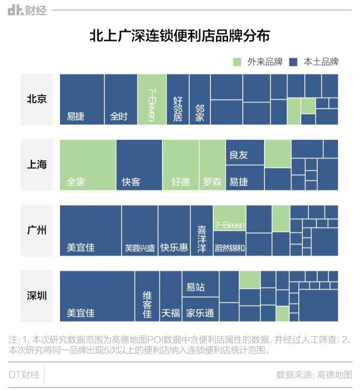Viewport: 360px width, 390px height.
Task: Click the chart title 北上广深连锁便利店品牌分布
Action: (x=179, y=36)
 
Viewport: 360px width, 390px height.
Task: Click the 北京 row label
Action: (x=37, y=99)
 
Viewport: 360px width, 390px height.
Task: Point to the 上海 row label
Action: (x=37, y=165)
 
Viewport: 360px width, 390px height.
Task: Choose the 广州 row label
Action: (x=37, y=230)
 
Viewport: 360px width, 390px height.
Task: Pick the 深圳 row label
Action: (x=37, y=296)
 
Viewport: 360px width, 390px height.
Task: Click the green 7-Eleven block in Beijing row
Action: (x=152, y=99)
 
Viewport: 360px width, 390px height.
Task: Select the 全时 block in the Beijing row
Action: (x=121, y=99)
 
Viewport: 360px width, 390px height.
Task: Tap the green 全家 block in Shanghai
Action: (x=87, y=165)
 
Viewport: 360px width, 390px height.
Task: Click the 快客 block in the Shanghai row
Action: (x=139, y=165)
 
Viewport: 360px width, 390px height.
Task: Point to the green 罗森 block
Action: (x=212, y=165)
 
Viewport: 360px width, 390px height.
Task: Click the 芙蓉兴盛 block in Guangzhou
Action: (x=140, y=230)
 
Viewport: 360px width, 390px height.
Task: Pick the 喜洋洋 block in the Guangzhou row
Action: (x=202, y=230)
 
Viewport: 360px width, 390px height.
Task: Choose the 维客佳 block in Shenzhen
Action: (x=147, y=296)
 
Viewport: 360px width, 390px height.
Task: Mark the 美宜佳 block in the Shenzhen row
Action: (x=97, y=296)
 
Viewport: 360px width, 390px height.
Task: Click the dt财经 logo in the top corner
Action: (x=27, y=10)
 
